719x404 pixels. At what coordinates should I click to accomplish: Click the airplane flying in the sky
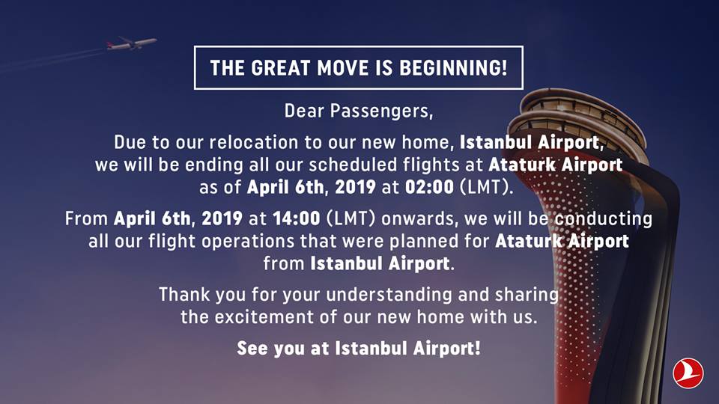click(x=132, y=43)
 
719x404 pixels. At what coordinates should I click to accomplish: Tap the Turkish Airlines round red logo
click(x=688, y=373)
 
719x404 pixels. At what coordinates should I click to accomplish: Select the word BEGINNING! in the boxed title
click(x=454, y=68)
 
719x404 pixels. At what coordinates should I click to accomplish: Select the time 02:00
click(x=429, y=187)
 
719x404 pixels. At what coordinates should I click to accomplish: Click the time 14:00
click(x=297, y=218)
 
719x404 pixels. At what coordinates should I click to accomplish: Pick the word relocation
click(x=254, y=142)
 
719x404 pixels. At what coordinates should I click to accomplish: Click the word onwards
click(x=419, y=218)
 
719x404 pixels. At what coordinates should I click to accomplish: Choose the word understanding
click(x=389, y=295)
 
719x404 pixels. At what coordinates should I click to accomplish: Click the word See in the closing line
click(x=252, y=348)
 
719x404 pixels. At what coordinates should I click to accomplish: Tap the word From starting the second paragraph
click(x=86, y=218)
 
